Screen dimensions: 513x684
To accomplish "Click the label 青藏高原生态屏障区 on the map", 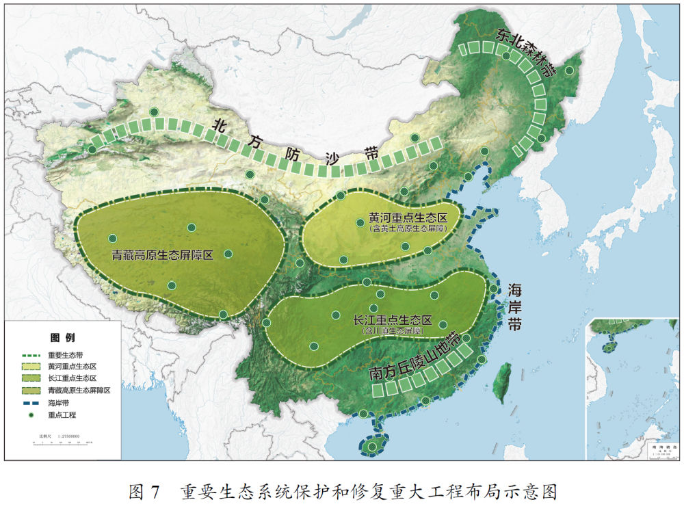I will [x=163, y=255].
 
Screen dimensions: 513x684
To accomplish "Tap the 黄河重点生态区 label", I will [x=408, y=218].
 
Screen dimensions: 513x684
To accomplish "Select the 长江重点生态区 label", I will [x=393, y=320].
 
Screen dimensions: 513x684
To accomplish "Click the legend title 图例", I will [x=62, y=338].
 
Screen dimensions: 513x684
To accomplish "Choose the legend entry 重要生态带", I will [x=66, y=356].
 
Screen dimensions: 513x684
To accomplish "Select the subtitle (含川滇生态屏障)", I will [x=392, y=330].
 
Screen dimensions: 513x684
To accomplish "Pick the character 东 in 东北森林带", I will [x=504, y=34].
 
